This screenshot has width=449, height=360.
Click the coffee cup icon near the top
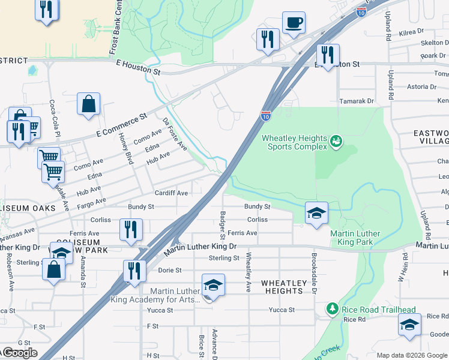point(294,23)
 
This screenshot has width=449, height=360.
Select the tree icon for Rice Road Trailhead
point(332,308)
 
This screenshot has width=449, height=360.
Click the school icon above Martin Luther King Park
point(316,213)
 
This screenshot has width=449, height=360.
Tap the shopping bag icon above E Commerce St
point(89,104)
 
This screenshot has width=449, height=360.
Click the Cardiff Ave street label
point(171,193)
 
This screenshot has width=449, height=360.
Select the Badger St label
point(223,223)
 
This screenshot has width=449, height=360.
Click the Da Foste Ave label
point(174,133)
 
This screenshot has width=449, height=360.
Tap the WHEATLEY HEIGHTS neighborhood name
point(282,287)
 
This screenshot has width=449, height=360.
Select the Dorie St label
point(170,270)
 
